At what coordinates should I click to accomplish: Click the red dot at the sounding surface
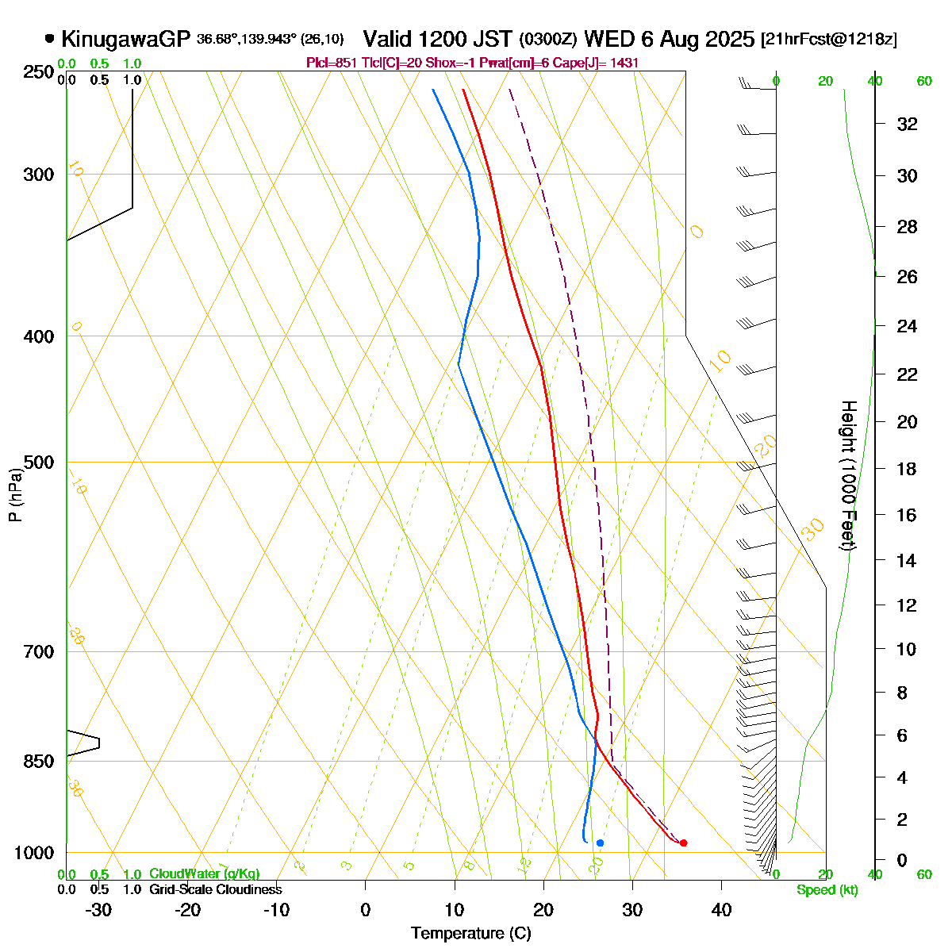click(x=683, y=843)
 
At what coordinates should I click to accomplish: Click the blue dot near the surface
click(x=600, y=843)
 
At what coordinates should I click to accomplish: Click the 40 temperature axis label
click(x=721, y=910)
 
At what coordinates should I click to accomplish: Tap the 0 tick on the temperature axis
click(x=365, y=910)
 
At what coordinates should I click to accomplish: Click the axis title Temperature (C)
click(x=470, y=934)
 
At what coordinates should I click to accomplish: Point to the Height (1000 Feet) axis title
click(x=848, y=476)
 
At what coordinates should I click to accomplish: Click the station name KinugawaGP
click(x=125, y=38)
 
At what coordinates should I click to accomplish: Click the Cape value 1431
click(x=624, y=63)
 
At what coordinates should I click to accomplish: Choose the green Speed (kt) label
click(x=827, y=890)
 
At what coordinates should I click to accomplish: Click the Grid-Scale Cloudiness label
click(x=215, y=890)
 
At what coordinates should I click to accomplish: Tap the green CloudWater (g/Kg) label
click(x=204, y=873)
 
